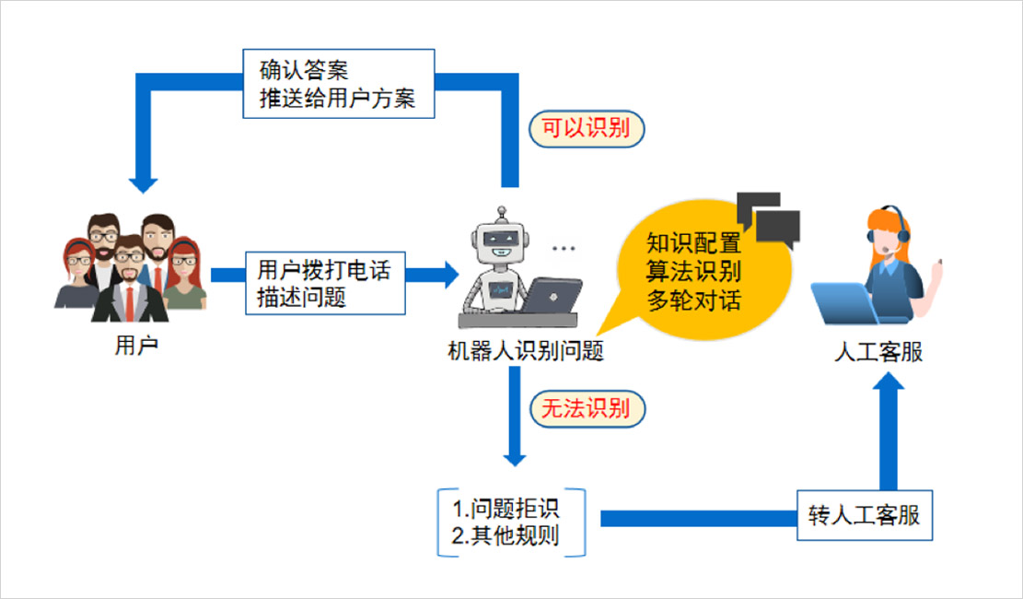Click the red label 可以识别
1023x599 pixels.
pyautogui.click(x=586, y=128)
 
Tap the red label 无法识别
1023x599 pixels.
pyautogui.click(x=586, y=408)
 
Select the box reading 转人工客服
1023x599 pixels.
pyautogui.click(x=864, y=514)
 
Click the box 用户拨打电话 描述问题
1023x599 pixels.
pyautogui.click(x=323, y=283)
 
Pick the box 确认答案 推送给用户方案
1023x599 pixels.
pyautogui.click(x=337, y=84)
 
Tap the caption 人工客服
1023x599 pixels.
pyautogui.click(x=877, y=353)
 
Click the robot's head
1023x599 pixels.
pyautogui.click(x=502, y=240)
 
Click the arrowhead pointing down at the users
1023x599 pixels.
pyautogui.click(x=142, y=182)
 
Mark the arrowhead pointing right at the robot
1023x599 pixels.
pyautogui.click(x=449, y=274)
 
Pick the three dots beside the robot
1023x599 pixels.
pyautogui.click(x=563, y=249)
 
